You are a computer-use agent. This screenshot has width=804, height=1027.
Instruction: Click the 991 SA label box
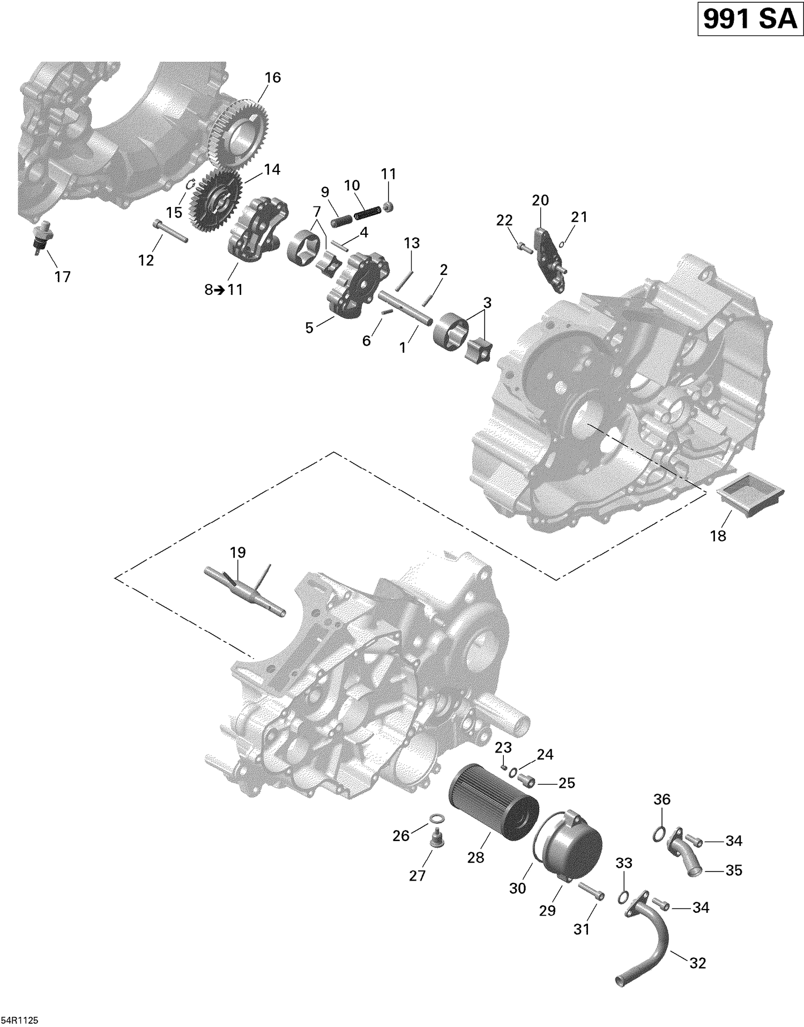[749, 20]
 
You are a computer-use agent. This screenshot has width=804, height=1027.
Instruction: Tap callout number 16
[272, 78]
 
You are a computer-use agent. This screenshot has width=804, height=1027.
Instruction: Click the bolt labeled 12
[170, 231]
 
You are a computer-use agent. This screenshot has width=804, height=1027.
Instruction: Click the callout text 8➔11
[224, 290]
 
